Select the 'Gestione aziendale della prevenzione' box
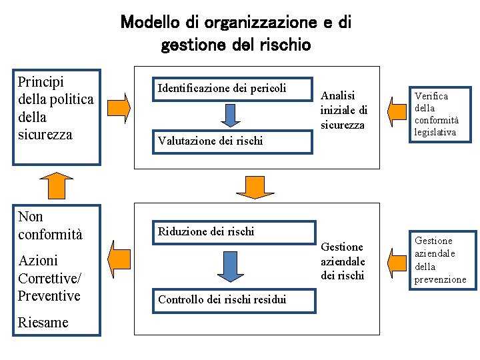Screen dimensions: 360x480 point(443,259)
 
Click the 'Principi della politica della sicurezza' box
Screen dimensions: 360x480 point(57,117)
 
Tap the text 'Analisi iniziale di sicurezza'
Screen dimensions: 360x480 point(343,110)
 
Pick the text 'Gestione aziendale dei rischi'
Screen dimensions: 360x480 point(343,261)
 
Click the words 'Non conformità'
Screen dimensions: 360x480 point(50,225)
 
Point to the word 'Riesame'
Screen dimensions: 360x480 point(43,323)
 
